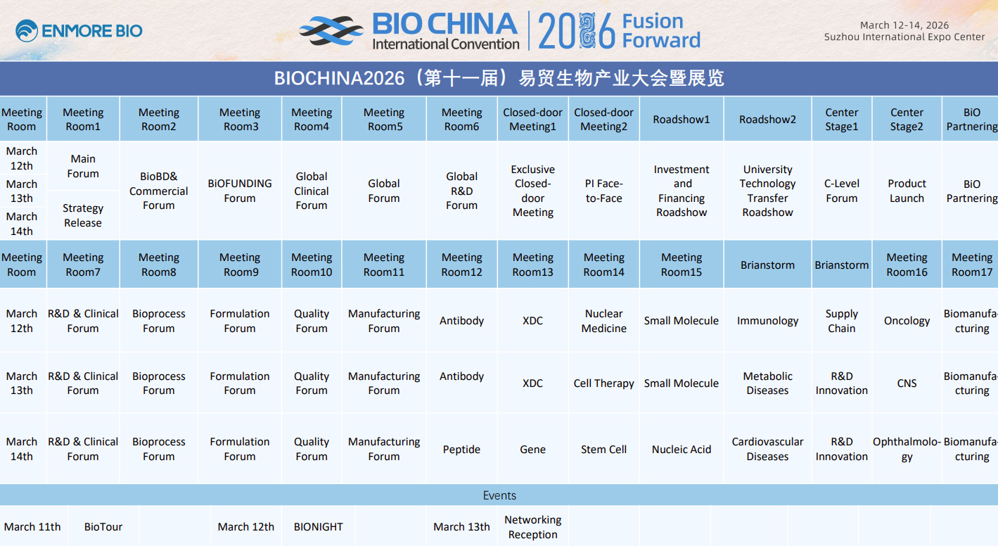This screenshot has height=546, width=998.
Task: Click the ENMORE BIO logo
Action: (79, 31)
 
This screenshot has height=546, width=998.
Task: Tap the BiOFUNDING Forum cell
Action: (240, 191)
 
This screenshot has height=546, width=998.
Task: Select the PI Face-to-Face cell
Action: (603, 191)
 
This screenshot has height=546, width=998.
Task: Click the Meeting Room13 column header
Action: (533, 265)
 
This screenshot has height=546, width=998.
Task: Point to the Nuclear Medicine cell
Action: (603, 321)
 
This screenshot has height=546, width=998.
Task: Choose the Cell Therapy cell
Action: (603, 383)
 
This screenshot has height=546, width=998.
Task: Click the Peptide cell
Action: (461, 450)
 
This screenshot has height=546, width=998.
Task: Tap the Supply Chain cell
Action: (842, 321)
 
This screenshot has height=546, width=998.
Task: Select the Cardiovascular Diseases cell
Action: (767, 449)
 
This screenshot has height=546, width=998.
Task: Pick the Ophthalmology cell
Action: (907, 449)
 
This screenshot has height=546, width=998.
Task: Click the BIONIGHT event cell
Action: (318, 527)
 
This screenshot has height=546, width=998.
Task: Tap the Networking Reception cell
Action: (533, 527)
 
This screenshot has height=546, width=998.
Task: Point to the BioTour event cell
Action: (103, 527)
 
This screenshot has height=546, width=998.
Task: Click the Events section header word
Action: (499, 495)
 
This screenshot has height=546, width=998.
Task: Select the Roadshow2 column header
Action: (767, 120)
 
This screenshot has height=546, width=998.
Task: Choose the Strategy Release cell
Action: (83, 215)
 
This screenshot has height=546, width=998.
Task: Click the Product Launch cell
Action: (907, 191)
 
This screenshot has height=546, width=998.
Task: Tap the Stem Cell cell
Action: (603, 450)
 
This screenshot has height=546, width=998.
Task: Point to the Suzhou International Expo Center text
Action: (904, 37)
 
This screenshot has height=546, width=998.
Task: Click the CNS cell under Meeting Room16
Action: (907, 383)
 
